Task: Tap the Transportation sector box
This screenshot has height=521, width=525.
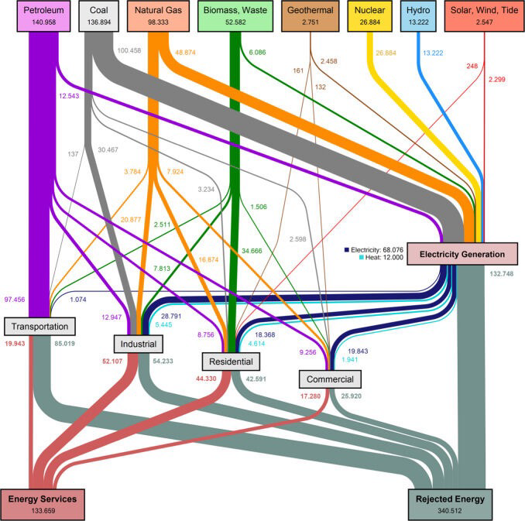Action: (x=41, y=327)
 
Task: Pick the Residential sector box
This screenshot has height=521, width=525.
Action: (x=231, y=362)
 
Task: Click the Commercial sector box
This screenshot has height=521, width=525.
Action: (x=330, y=379)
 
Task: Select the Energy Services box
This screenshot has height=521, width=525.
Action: (x=42, y=502)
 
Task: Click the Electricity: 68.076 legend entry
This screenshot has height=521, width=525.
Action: (x=376, y=249)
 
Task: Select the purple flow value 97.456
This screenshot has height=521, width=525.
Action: (x=15, y=298)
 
